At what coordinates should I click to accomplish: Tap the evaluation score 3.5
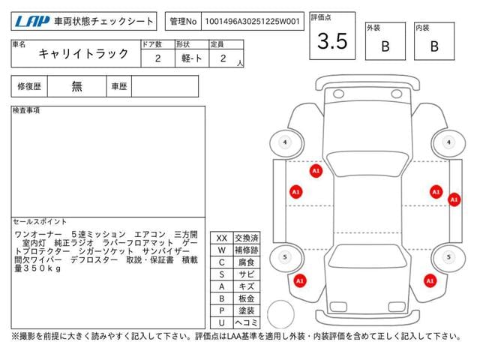(x=332, y=41)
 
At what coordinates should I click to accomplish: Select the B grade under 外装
(x=385, y=46)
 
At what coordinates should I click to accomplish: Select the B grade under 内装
(x=433, y=46)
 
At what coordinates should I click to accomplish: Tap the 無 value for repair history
(x=76, y=86)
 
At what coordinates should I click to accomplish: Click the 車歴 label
(x=118, y=86)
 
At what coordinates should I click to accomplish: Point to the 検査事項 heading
(x=27, y=111)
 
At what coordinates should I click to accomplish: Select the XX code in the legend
(x=221, y=238)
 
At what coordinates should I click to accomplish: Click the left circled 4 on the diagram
(x=285, y=142)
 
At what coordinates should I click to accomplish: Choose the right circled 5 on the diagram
(x=449, y=257)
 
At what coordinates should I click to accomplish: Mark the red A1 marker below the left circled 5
(x=300, y=281)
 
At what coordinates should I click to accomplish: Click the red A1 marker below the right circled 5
(x=430, y=281)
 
